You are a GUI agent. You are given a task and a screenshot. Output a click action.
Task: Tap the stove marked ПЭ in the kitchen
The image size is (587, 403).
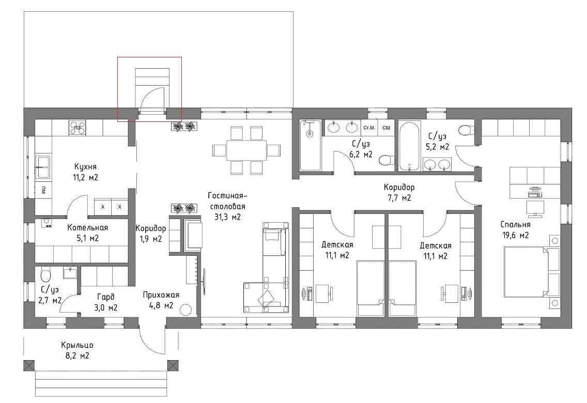[x=77, y=128]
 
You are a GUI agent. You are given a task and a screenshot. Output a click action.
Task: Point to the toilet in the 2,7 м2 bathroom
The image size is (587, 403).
[x=45, y=275]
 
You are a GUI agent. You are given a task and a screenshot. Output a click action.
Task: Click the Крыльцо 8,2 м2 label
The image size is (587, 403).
[x=77, y=350]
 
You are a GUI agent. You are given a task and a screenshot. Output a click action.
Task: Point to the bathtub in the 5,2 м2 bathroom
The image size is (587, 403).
[x=410, y=146]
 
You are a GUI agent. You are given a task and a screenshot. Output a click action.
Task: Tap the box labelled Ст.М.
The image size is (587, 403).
[x=369, y=128]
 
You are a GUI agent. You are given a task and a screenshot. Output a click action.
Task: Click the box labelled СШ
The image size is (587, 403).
[x=386, y=128]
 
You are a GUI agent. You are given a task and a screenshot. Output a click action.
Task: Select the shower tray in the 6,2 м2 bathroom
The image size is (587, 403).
[x=310, y=145]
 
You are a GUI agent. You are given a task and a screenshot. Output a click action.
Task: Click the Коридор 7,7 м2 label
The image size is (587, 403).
[x=399, y=192]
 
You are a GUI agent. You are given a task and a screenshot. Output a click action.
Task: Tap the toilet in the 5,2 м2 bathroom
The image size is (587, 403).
[x=466, y=130]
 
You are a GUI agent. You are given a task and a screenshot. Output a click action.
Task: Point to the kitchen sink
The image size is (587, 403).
[x=44, y=166]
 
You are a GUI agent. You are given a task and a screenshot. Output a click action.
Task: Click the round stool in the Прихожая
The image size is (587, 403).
[x=186, y=310]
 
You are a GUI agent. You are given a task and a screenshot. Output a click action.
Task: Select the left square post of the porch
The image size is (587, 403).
[x=29, y=366]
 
